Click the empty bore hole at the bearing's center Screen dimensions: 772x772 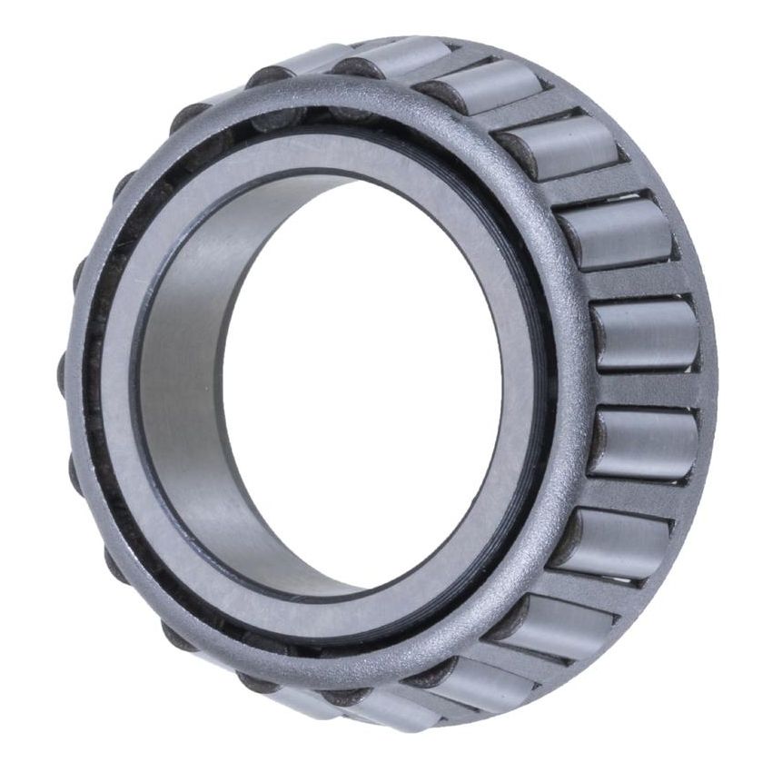tap(363, 381)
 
